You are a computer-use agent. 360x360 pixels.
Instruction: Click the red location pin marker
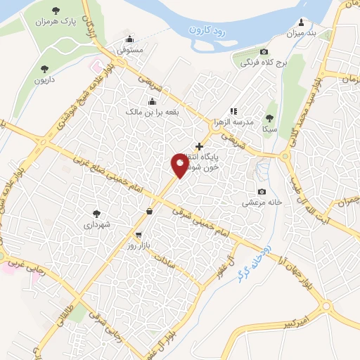tap(179, 165)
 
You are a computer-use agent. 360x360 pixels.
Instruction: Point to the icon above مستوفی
tap(129, 39)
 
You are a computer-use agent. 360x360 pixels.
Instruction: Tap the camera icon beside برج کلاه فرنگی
tap(264, 52)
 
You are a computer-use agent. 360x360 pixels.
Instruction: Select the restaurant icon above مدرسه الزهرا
tap(234, 110)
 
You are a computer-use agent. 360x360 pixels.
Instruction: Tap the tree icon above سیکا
tap(269, 119)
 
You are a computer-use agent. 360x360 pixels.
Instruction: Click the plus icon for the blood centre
tap(200, 147)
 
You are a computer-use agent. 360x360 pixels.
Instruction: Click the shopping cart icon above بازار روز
tap(139, 236)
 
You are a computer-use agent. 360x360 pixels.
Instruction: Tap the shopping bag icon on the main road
tap(149, 211)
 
